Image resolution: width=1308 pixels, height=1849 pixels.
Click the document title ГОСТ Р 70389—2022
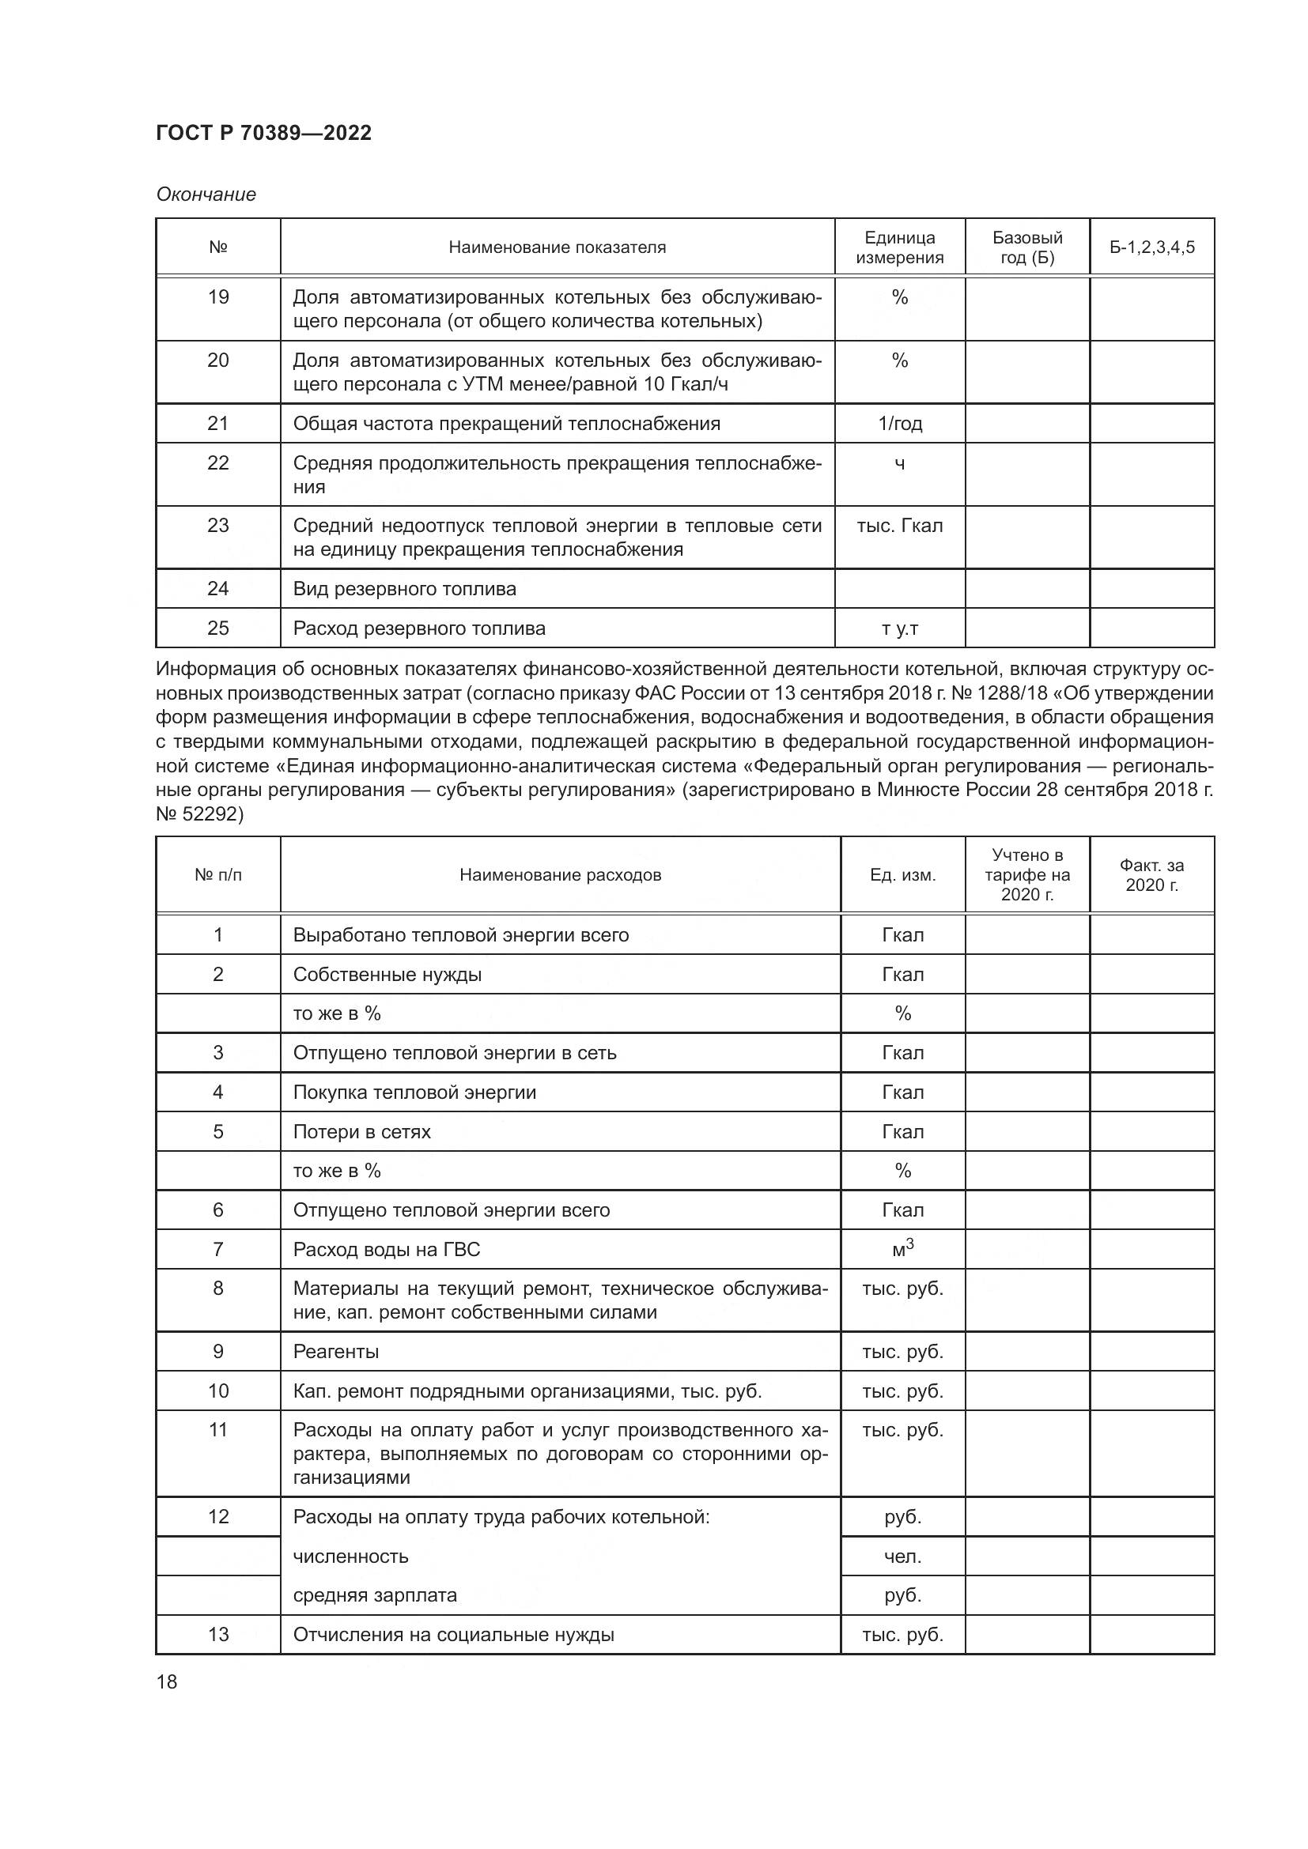tap(263, 133)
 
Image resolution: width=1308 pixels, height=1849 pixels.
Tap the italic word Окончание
tap(206, 194)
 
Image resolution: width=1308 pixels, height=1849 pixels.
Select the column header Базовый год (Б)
tap(1027, 247)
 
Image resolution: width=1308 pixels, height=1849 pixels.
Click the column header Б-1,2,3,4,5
tap(1151, 247)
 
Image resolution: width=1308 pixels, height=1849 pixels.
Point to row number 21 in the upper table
tap(218, 423)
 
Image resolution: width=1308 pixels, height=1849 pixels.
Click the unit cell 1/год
tap(900, 424)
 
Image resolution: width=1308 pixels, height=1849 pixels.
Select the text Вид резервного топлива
tap(404, 589)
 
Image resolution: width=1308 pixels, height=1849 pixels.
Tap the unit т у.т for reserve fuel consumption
tap(900, 628)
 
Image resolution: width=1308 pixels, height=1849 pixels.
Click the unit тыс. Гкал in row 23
tap(900, 526)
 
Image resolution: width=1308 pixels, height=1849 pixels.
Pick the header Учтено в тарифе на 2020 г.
tap(1027, 874)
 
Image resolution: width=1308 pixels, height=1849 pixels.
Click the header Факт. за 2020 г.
tap(1151, 874)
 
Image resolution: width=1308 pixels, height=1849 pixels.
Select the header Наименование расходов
tap(560, 874)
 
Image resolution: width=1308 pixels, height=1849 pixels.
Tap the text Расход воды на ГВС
tap(387, 1249)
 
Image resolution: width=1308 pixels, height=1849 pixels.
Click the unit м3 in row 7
tap(903, 1249)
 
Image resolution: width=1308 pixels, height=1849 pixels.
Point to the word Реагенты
tap(336, 1351)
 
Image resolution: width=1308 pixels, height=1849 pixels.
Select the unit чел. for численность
tap(903, 1557)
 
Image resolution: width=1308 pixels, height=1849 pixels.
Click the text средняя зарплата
tap(375, 1595)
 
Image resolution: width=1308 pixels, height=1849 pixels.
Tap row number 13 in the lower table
tap(218, 1634)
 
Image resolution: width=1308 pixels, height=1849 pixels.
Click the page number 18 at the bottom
tap(167, 1681)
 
